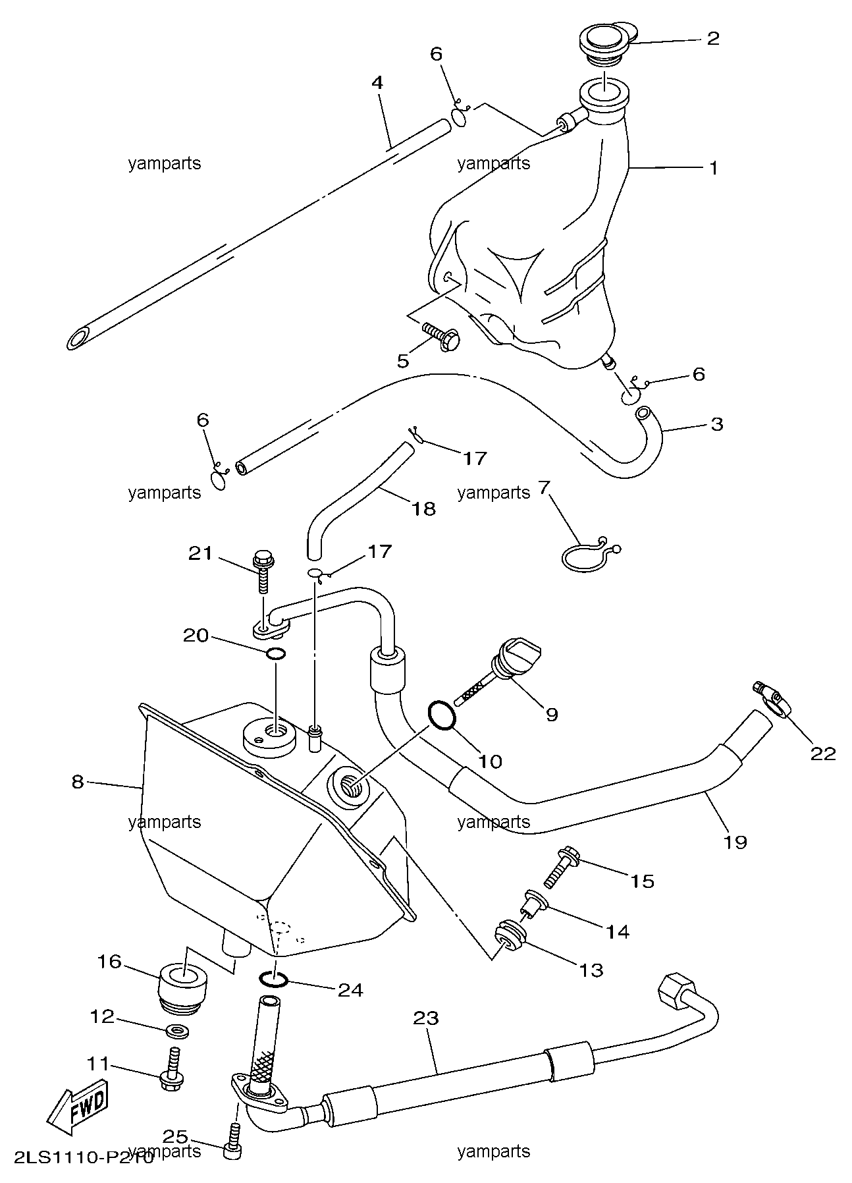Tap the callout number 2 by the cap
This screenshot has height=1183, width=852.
tap(712, 38)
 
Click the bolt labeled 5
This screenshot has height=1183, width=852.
tap(441, 337)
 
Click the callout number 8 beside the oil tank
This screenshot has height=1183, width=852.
tap(78, 782)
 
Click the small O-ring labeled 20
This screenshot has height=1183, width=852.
tap(276, 654)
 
